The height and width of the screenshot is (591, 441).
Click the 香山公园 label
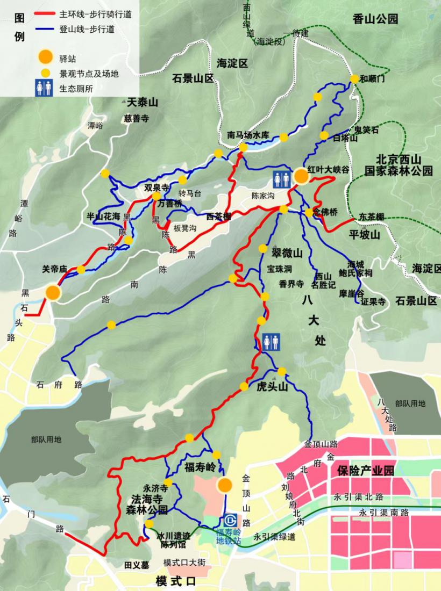coord(376,19)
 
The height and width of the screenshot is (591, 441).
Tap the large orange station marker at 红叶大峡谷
coord(301,177)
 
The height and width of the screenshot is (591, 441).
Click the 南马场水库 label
coord(247,135)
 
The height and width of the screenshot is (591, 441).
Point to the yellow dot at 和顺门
coord(354,79)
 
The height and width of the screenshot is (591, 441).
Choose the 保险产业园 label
coord(366,471)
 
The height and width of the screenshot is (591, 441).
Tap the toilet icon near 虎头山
coord(271,341)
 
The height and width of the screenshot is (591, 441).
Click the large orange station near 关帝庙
coord(53,292)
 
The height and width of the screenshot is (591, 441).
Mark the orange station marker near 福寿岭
coord(224,485)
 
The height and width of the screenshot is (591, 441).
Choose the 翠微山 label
coord(287,253)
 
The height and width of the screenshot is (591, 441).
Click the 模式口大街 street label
coord(184,563)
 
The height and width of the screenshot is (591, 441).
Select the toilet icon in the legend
coord(44,89)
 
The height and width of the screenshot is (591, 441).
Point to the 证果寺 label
coord(373,302)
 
